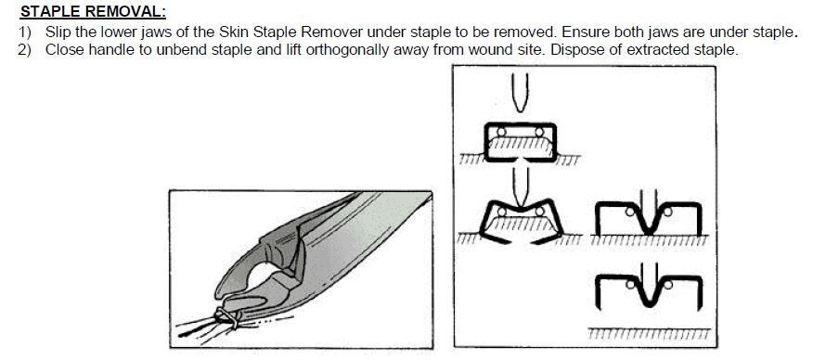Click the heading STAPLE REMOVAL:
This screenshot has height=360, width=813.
93,12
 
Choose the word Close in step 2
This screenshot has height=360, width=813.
64,49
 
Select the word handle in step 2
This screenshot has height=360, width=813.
112,49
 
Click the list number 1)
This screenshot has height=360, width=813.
26,32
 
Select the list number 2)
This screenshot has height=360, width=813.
26,49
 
